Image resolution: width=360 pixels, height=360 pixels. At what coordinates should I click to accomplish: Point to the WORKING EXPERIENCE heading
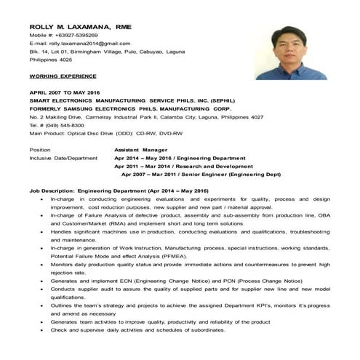pyautogui.click(x=63, y=75)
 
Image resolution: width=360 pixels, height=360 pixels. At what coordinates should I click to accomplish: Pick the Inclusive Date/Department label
pyautogui.click(x=63, y=157)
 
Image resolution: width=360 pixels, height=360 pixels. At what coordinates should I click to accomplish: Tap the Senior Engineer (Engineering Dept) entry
pyautogui.click(x=239, y=175)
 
